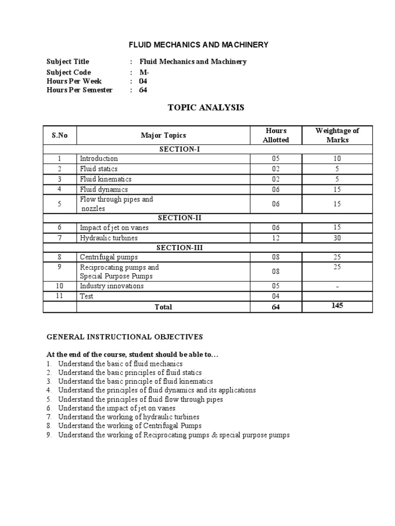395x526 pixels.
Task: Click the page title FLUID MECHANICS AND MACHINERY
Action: coord(198,45)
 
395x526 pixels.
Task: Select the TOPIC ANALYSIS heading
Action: coord(198,107)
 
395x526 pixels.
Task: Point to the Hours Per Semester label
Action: coord(79,90)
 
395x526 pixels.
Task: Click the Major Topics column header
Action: coord(163,136)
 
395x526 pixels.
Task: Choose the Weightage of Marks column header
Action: coord(337,135)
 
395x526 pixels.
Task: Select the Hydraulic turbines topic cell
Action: coord(109,238)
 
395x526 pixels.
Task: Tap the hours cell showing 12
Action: coord(276,238)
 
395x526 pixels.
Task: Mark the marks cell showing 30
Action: coord(337,238)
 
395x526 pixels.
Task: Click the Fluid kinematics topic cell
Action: coord(105,179)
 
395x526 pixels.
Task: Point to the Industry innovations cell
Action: coord(112,286)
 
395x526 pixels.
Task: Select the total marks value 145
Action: coord(337,306)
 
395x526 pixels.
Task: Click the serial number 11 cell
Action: coord(60,296)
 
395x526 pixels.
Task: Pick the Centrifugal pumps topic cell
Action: coord(109,257)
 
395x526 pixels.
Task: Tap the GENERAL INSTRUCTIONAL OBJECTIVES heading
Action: coord(125,337)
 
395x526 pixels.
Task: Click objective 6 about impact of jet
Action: coord(117,408)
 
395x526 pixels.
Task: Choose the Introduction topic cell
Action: coord(99,159)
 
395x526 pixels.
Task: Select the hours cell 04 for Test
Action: coord(276,296)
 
